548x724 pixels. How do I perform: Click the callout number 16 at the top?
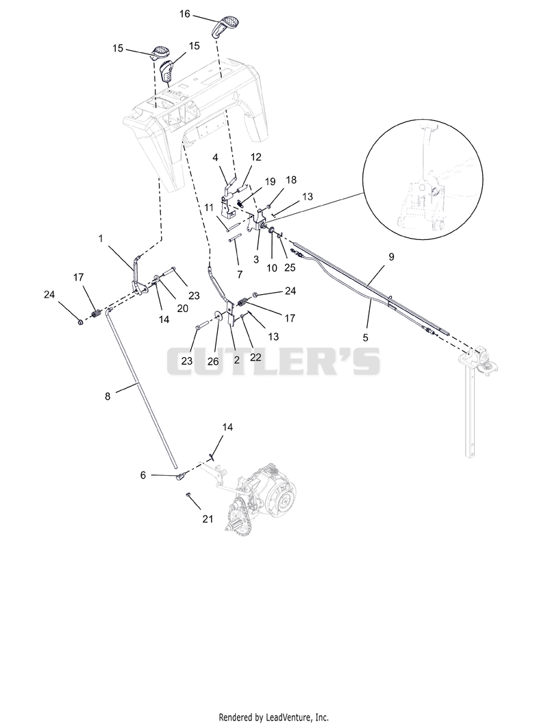(184, 14)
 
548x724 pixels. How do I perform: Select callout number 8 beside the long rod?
(108, 396)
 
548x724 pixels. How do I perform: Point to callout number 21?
(208, 519)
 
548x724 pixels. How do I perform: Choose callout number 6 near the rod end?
(143, 474)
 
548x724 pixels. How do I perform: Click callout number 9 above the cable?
(392, 257)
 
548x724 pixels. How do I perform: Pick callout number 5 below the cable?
(366, 337)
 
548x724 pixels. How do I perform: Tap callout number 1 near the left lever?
(101, 238)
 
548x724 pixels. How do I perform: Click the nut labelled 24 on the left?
(80, 321)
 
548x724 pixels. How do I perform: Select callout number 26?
(213, 361)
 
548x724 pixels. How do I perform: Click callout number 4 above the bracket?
(215, 157)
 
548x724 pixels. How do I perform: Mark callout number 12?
(256, 157)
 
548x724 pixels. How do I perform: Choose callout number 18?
(292, 180)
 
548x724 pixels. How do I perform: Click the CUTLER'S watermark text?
(273, 361)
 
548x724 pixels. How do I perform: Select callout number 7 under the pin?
(240, 274)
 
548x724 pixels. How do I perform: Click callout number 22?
(256, 357)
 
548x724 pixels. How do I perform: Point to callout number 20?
(183, 308)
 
